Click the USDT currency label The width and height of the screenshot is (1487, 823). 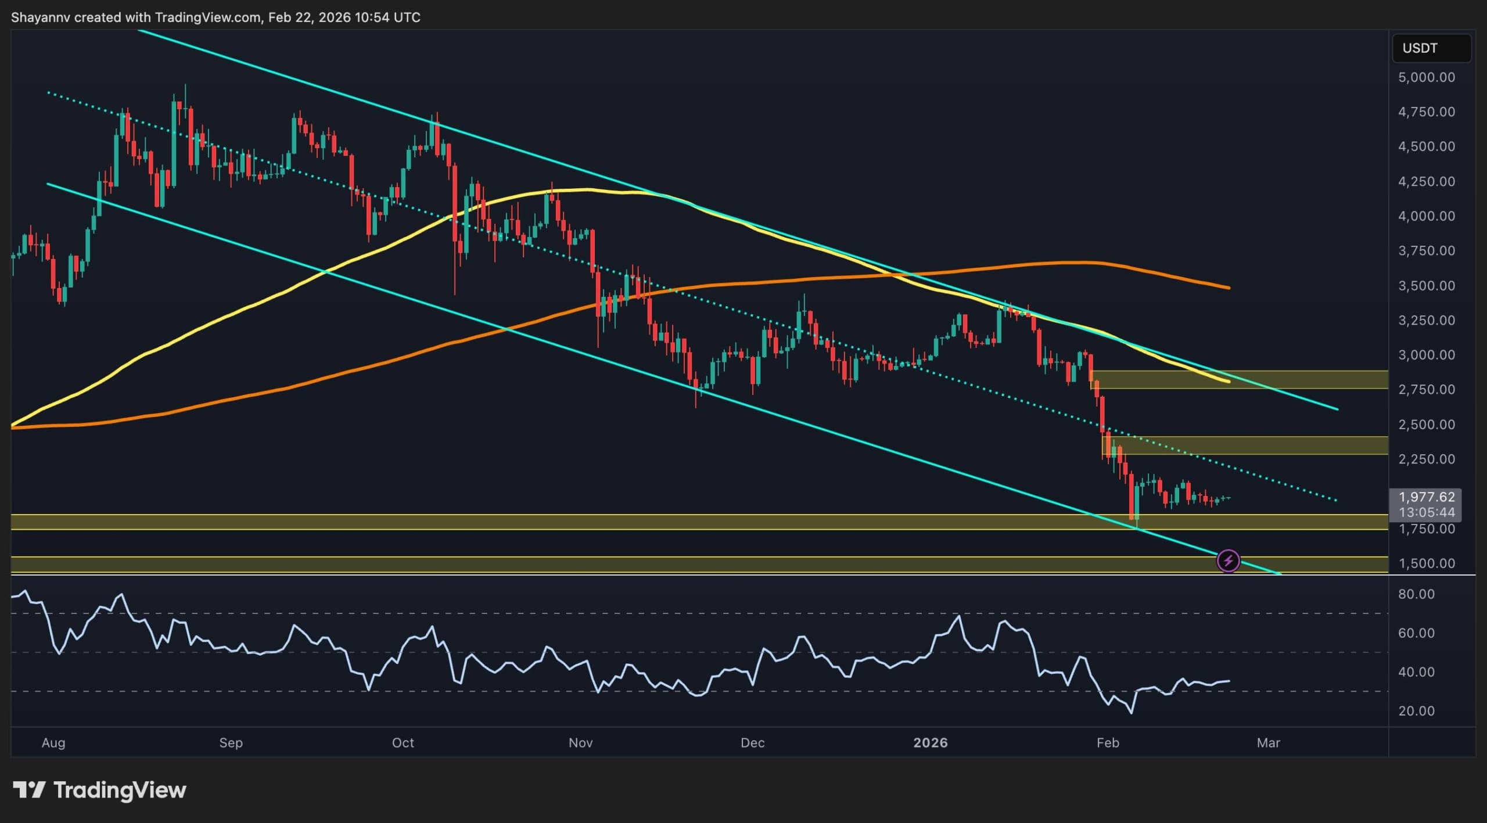[1420, 48]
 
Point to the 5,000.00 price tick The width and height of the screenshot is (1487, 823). [1427, 77]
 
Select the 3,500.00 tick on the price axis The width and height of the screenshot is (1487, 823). [1427, 286]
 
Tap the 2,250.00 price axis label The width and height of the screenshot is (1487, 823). [1427, 459]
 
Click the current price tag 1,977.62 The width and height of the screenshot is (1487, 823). [1427, 497]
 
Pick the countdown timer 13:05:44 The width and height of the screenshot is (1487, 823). [1427, 512]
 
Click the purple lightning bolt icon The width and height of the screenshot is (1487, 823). [1228, 561]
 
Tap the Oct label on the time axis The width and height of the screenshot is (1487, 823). [403, 743]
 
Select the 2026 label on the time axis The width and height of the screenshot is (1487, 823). [930, 743]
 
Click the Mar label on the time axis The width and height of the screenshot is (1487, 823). [1268, 743]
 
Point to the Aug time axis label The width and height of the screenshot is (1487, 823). [53, 743]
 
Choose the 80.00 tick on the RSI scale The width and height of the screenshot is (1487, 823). [1416, 594]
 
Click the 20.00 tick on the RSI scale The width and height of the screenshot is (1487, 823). [1416, 711]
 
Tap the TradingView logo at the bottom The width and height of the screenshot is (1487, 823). [100, 790]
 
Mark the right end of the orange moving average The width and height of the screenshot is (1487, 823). [1229, 287]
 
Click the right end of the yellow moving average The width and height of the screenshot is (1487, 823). [1229, 382]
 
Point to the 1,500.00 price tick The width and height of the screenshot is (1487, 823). [1427, 563]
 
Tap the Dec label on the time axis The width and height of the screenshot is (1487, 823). [753, 743]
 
